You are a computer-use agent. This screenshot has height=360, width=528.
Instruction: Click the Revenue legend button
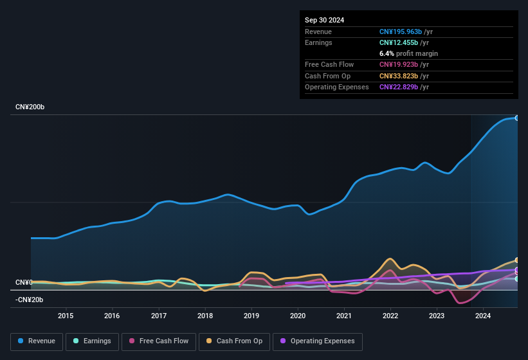coord(37,341)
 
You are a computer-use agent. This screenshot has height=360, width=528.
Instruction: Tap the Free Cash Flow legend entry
coord(159,341)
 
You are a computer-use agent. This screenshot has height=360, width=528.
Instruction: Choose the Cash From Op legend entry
coord(233,341)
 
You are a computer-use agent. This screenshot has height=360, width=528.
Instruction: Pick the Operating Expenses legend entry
coord(318,341)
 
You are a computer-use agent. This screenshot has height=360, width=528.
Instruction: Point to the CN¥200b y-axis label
coord(30,107)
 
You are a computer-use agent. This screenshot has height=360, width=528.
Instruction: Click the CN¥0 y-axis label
coord(24,283)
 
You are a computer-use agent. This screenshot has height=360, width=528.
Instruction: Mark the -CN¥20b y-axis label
coord(30,300)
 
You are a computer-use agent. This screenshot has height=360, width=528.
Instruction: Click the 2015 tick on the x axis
coord(65,316)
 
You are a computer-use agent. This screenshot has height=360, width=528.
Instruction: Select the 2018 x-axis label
coord(205,316)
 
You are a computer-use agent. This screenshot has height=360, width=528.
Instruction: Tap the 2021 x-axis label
coord(344,316)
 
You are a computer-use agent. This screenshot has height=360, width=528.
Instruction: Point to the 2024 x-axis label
coord(483,316)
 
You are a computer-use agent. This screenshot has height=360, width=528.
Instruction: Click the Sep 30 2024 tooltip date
coord(324,20)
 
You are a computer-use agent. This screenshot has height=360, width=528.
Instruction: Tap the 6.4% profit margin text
coord(408,53)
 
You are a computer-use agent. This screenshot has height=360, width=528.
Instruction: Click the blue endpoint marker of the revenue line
coord(516,118)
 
